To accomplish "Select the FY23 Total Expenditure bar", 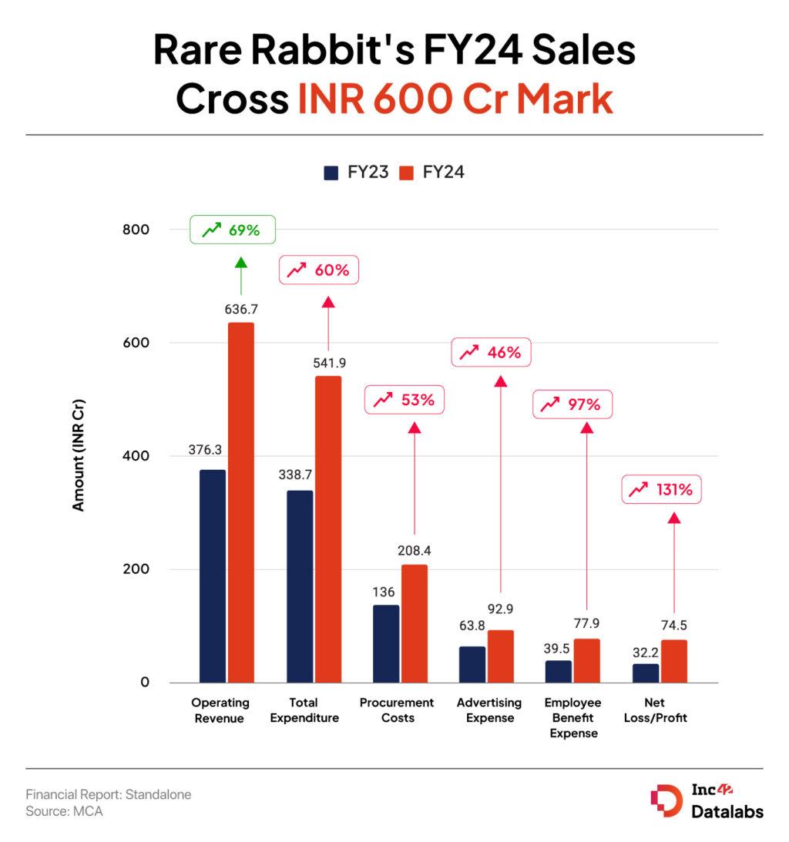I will click(x=300, y=586).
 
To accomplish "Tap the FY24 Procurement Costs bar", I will click(x=414, y=623).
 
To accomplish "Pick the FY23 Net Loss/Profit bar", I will click(x=646, y=673).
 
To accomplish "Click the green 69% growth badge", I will click(x=232, y=230).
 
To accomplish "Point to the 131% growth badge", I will click(x=661, y=489).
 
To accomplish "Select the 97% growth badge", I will click(x=572, y=404).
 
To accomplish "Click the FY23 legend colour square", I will click(x=331, y=173).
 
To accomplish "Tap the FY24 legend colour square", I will click(x=407, y=173).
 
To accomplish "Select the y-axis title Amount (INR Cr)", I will click(x=78, y=455).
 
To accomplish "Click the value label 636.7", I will click(x=240, y=309).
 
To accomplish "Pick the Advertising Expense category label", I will click(x=489, y=710).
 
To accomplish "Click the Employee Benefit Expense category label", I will click(x=572, y=718).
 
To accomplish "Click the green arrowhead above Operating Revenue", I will click(x=240, y=263).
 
